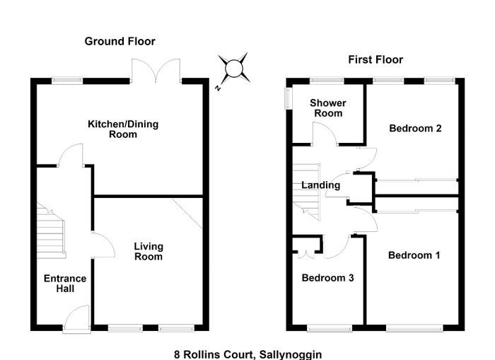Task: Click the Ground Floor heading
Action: (x=120, y=41)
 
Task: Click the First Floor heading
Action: (x=375, y=59)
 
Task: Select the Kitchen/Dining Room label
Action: (x=123, y=129)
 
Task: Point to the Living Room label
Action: (x=148, y=251)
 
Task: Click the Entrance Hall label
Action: (x=65, y=284)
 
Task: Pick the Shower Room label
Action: (x=328, y=108)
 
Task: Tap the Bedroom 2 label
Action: (x=415, y=128)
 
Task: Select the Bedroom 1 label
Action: (x=414, y=255)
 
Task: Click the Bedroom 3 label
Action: (x=327, y=278)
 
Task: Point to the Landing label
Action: (x=321, y=185)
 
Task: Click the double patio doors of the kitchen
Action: (x=156, y=71)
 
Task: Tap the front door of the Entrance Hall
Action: (x=76, y=318)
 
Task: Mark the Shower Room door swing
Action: (x=325, y=134)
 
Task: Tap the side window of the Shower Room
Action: (x=289, y=98)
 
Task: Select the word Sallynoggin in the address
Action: (x=291, y=354)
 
